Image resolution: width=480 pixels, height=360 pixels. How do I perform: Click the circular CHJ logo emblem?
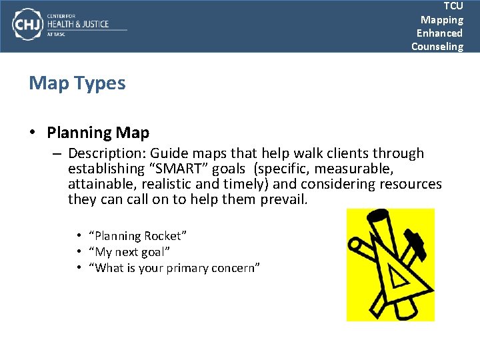coord(27,25)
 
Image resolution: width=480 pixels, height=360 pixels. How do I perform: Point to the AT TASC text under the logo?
coord(55,34)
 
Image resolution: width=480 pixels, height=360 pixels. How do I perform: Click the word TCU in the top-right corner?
coord(453,6)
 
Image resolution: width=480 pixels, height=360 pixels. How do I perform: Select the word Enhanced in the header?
coord(439,33)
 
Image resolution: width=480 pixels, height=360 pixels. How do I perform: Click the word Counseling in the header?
coord(437,46)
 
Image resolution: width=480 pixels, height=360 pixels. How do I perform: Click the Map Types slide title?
coord(77,83)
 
